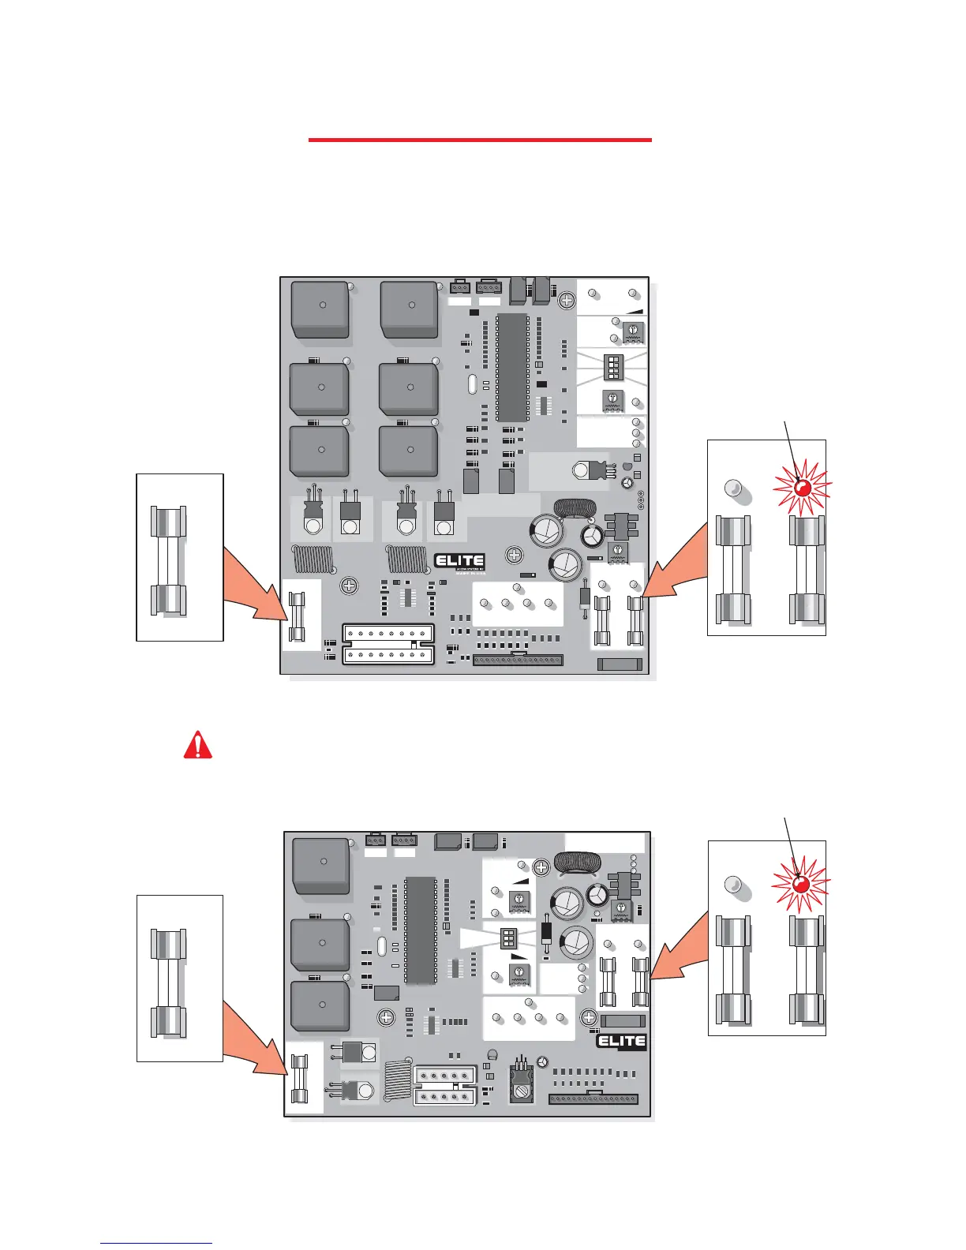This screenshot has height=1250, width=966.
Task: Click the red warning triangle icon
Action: [197, 745]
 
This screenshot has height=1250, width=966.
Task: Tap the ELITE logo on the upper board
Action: [459, 562]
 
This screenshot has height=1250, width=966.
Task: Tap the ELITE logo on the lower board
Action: [621, 1042]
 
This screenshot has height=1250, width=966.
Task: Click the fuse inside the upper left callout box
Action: [168, 561]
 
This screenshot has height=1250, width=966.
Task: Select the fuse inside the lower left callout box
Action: [168, 982]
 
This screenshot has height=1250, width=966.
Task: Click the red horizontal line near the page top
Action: [480, 140]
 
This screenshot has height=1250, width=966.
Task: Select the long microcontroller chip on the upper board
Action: [512, 367]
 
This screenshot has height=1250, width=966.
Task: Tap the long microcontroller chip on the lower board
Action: [420, 930]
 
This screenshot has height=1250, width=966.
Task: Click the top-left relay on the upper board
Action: [320, 309]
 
